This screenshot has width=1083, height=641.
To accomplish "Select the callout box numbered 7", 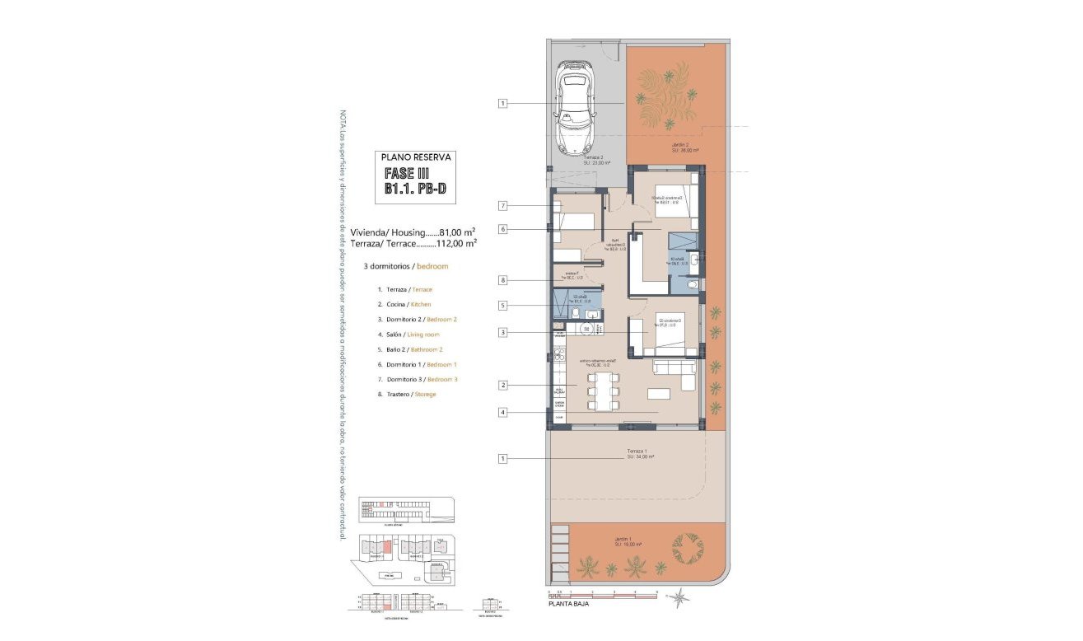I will (502, 205).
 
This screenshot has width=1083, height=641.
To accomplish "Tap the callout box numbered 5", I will (502, 305).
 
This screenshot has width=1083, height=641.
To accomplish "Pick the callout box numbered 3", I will (502, 333).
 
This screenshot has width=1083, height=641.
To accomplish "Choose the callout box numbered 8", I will (502, 280).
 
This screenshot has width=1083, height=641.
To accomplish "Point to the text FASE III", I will (407, 174).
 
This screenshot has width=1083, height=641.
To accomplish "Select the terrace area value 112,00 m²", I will (459, 243).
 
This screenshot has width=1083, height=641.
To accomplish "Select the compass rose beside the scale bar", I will (680, 597).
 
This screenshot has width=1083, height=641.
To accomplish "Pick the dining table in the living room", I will (602, 390).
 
